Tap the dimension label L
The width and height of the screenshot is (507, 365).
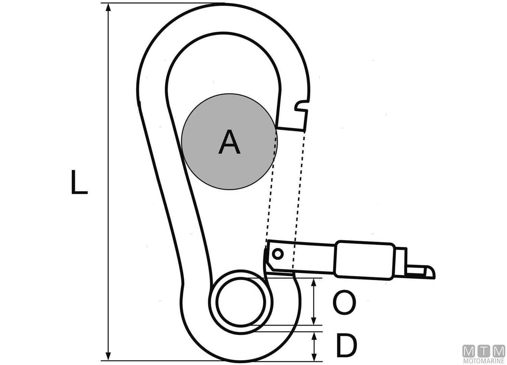tap(79, 182)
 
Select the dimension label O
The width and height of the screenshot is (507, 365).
tap(344, 303)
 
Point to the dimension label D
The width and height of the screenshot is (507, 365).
tap(347, 345)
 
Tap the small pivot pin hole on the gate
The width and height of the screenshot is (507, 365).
tap(277, 253)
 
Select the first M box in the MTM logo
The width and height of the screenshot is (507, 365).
tap(469, 351)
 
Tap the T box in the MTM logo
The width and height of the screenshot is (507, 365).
tap(484, 351)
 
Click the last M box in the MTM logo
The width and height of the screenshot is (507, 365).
tap(499, 351)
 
